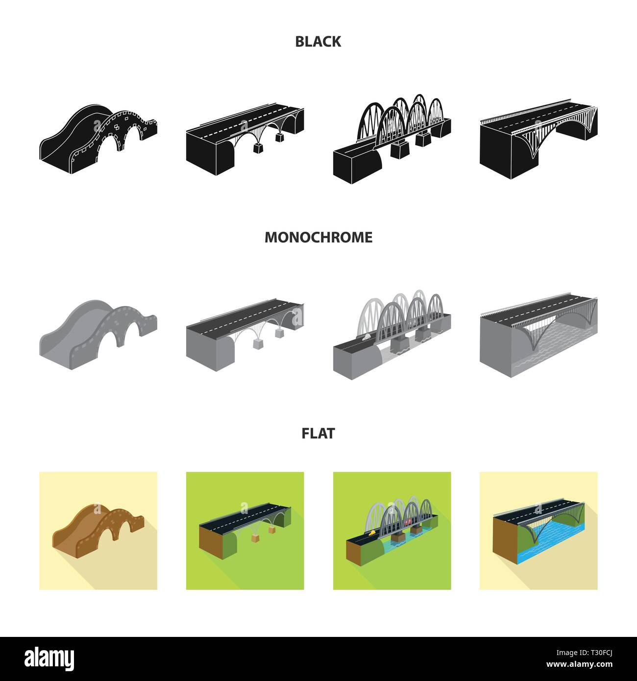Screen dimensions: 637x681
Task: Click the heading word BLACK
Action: tap(318, 42)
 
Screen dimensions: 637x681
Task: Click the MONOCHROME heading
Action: tap(318, 237)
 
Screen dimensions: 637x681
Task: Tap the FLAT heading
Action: tap(318, 434)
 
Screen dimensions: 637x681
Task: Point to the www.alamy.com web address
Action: tap(579, 664)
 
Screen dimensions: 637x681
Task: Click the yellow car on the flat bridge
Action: tap(371, 533)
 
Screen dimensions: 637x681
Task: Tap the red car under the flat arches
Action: tap(408, 522)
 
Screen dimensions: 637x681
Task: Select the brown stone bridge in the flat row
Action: tap(98, 531)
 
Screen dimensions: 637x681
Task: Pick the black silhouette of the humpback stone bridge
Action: tap(98, 139)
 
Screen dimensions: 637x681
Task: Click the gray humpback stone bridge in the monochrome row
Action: tap(98, 334)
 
